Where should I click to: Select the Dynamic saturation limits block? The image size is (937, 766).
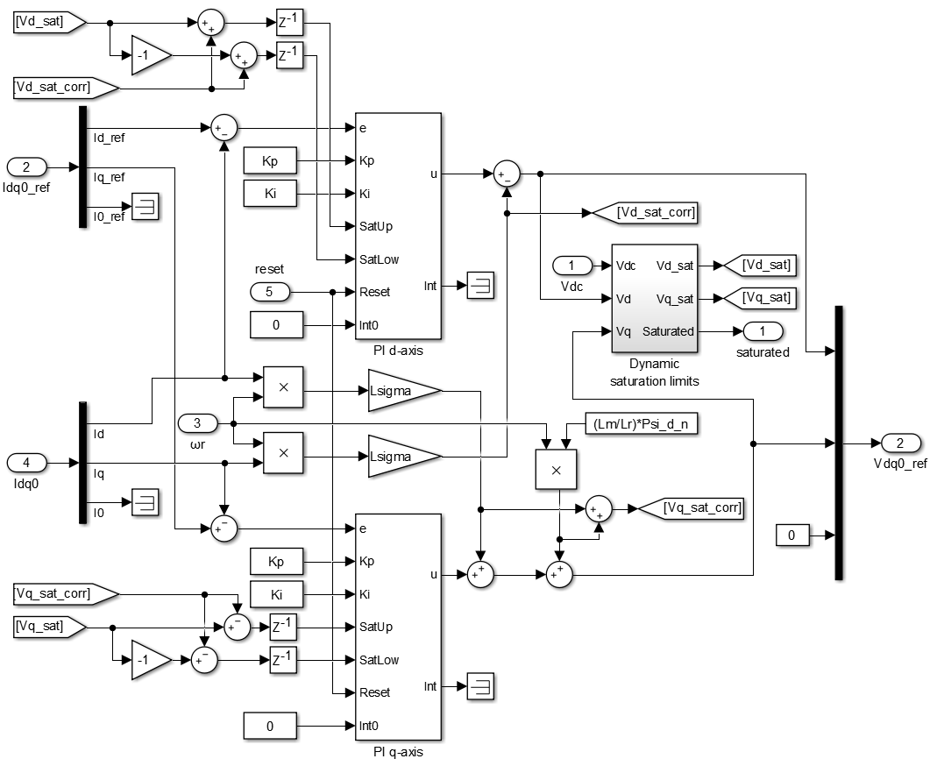click(x=654, y=298)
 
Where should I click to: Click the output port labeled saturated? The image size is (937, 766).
click(x=763, y=331)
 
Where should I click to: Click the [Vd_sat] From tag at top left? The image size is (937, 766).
click(x=47, y=23)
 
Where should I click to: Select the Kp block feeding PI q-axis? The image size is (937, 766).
click(x=277, y=561)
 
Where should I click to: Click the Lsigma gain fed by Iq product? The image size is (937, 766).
click(x=404, y=456)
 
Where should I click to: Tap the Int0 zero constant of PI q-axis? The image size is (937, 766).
click(x=270, y=726)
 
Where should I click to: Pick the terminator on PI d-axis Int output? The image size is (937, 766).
click(x=479, y=286)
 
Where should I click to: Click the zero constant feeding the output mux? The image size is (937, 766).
click(x=792, y=535)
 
